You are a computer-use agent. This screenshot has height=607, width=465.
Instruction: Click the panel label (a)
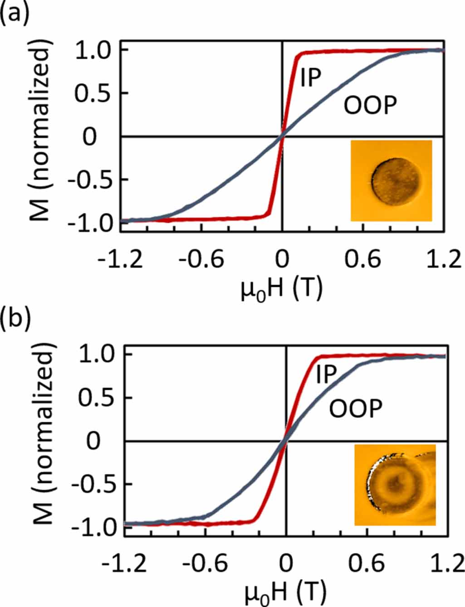(x=15, y=14)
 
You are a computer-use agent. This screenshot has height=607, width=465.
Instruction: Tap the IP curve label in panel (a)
(x=310, y=78)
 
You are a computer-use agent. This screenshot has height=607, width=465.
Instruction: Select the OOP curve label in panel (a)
(x=370, y=106)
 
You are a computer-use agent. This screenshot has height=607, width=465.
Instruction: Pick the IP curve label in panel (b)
(x=326, y=374)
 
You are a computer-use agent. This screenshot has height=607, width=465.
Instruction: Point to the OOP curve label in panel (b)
(x=355, y=409)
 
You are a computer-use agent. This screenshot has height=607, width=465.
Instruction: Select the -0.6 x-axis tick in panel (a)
(x=201, y=259)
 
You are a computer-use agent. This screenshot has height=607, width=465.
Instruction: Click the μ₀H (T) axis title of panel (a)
(x=282, y=288)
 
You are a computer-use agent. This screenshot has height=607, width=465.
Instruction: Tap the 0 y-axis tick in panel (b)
(x=93, y=441)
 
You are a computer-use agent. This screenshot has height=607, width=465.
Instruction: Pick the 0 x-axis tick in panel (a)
(x=282, y=259)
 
